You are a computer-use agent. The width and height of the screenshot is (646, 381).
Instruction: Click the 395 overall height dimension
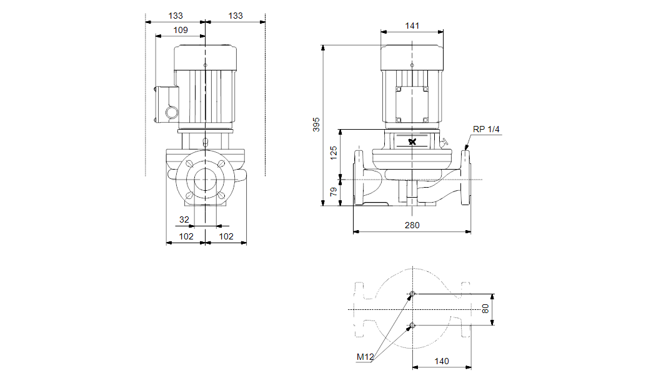click(316, 123)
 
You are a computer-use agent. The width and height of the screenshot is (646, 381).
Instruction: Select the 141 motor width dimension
click(412, 26)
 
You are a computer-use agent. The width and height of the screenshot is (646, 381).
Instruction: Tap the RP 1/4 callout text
click(487, 129)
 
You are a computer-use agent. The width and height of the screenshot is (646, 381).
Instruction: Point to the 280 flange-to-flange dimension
click(412, 225)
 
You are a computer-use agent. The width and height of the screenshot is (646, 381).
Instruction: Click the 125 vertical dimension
click(334, 153)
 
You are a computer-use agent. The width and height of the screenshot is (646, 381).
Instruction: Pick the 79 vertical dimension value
click(334, 193)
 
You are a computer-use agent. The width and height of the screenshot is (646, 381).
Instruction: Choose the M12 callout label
click(365, 357)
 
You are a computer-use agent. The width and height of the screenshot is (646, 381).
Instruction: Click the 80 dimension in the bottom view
click(485, 309)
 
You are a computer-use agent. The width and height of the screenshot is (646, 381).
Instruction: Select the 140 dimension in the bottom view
click(441, 361)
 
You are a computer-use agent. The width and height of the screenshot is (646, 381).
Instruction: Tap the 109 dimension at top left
click(180, 30)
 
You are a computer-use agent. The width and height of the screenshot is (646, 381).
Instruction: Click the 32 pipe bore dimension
click(184, 219)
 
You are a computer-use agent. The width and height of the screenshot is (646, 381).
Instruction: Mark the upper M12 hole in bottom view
click(412, 294)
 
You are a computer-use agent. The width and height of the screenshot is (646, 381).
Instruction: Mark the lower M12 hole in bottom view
click(412, 324)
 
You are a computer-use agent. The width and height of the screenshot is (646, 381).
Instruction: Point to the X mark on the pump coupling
click(412, 142)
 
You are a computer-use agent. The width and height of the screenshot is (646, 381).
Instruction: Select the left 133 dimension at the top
click(176, 16)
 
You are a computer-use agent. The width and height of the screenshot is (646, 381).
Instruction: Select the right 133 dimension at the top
click(235, 16)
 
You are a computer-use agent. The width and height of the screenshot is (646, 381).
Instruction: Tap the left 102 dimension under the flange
click(186, 236)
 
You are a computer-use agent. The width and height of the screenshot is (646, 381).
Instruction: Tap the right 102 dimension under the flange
click(226, 236)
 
